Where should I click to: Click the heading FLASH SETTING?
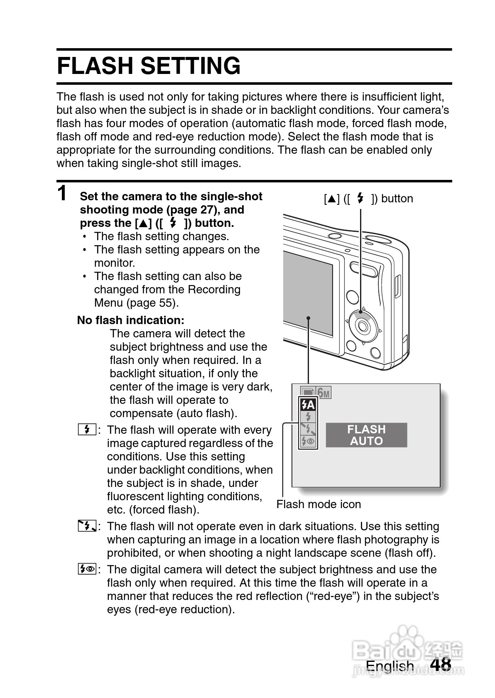tap(149, 66)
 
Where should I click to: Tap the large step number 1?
tap(62, 193)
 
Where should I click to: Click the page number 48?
tap(441, 664)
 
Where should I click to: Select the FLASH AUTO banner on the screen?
tap(366, 435)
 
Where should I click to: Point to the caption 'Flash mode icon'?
tap(319, 504)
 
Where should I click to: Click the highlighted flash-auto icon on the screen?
tap(308, 405)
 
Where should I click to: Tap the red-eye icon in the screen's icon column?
tap(308, 441)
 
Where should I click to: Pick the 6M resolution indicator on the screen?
tap(324, 393)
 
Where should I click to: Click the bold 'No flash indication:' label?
tap(130, 320)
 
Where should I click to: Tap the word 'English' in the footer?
tap(390, 666)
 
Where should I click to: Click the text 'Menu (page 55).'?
tap(136, 302)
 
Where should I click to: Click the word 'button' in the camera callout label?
tap(397, 198)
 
